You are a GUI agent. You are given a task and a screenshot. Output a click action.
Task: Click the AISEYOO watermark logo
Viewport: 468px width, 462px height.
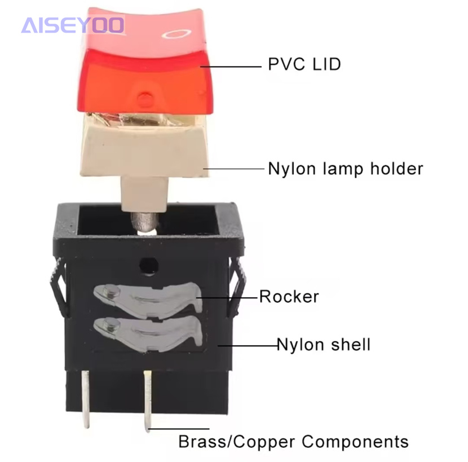[x=73, y=25]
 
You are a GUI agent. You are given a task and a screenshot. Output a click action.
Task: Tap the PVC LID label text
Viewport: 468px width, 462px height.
[x=304, y=64]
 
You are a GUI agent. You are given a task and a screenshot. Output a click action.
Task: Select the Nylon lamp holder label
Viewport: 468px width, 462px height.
[x=345, y=169]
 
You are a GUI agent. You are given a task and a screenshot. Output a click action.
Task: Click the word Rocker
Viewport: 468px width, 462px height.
[x=289, y=296]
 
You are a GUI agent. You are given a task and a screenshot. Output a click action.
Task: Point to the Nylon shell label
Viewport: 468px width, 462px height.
[x=323, y=344]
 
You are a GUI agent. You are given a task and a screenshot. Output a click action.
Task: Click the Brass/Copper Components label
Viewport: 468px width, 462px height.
[x=293, y=441]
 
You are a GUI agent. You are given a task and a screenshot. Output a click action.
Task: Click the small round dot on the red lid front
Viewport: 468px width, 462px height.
[x=147, y=99]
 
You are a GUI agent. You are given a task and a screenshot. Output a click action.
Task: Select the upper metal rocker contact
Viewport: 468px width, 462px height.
[x=146, y=296]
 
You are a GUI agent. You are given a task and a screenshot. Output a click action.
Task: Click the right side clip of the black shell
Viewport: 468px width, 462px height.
[x=236, y=288]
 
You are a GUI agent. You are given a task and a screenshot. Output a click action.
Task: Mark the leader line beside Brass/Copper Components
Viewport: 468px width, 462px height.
[x=180, y=429]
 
